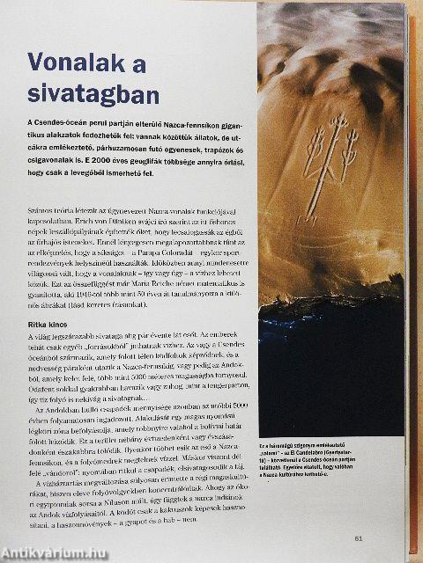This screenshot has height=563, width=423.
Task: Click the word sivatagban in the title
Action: click(x=93, y=94)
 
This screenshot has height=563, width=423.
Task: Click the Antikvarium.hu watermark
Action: click(x=54, y=553)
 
